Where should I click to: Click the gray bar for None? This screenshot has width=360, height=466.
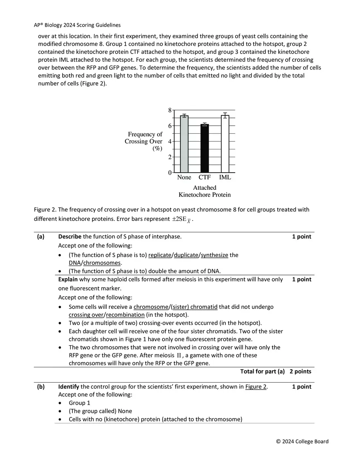(184, 144)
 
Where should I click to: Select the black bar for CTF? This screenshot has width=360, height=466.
(205, 148)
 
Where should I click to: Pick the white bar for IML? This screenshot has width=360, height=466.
(225, 144)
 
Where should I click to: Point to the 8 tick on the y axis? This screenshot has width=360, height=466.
(170, 110)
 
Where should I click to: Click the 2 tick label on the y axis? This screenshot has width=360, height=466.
(170, 157)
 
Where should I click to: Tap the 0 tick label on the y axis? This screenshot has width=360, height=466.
(170, 173)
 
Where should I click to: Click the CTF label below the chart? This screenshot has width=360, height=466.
(205, 178)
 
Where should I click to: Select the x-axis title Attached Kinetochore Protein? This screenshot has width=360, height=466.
(205, 191)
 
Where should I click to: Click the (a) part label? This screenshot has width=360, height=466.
(40, 237)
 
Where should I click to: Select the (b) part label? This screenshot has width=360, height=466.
(40, 387)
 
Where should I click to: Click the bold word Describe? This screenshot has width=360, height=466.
(70, 237)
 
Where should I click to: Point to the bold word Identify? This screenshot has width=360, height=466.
(69, 387)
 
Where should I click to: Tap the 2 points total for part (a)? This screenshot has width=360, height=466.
(300, 372)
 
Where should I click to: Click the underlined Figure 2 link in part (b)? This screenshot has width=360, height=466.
(256, 387)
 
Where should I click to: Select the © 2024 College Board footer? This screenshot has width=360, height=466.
(302, 441)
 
